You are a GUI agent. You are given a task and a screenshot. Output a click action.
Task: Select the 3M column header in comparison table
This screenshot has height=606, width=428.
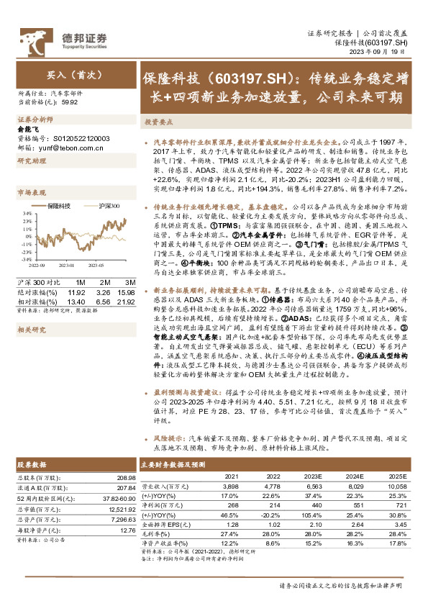(130, 282)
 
